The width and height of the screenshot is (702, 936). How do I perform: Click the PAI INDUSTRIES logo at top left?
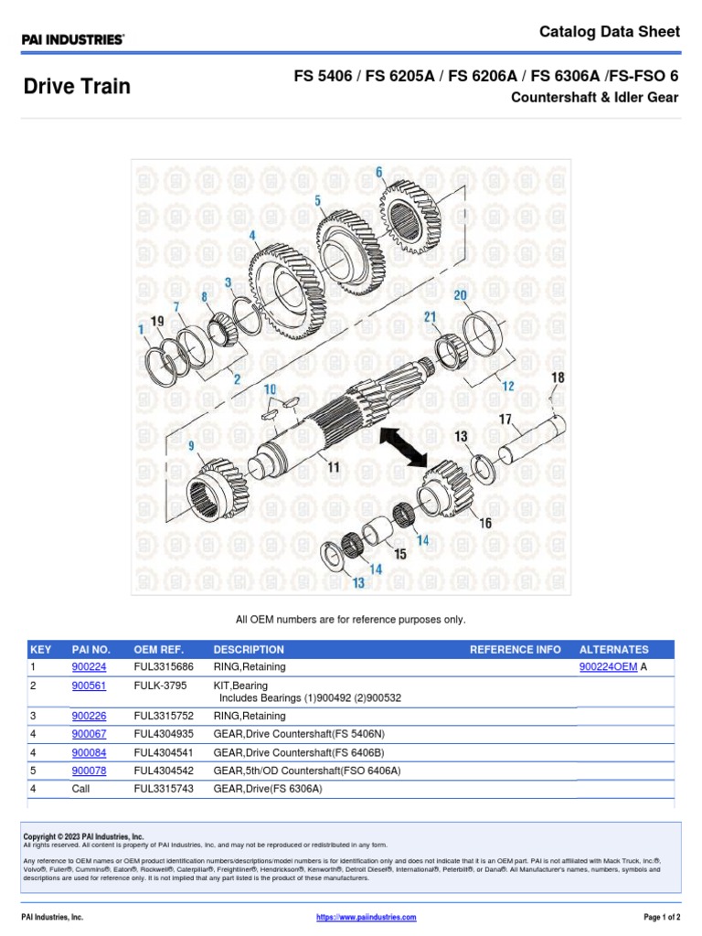[x=73, y=39]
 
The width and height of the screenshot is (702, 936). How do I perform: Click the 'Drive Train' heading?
[x=77, y=87]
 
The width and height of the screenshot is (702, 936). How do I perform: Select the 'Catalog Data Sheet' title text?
[x=609, y=32]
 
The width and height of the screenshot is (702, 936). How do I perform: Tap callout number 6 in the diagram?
[x=378, y=172]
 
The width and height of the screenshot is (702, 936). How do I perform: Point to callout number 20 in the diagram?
[x=460, y=294]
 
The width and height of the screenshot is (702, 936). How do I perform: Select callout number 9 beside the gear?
[x=192, y=445]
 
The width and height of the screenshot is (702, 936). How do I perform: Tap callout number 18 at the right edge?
[x=558, y=377]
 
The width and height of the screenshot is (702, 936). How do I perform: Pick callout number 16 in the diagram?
[x=484, y=523]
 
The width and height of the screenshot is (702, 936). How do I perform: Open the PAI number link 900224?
[x=89, y=667]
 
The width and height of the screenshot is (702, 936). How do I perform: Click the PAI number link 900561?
[x=89, y=685]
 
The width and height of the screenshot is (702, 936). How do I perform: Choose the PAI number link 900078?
[x=89, y=771]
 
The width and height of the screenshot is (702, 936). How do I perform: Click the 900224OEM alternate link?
[x=608, y=667]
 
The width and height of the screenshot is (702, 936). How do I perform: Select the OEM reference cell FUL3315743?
[x=164, y=788]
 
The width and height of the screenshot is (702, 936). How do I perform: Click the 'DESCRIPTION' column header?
[x=249, y=649]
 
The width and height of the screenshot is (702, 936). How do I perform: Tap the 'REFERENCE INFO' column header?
[x=515, y=649]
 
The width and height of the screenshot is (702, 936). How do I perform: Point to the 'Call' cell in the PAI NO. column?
[x=82, y=788]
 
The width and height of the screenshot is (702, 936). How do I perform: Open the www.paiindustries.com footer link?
[x=366, y=917]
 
